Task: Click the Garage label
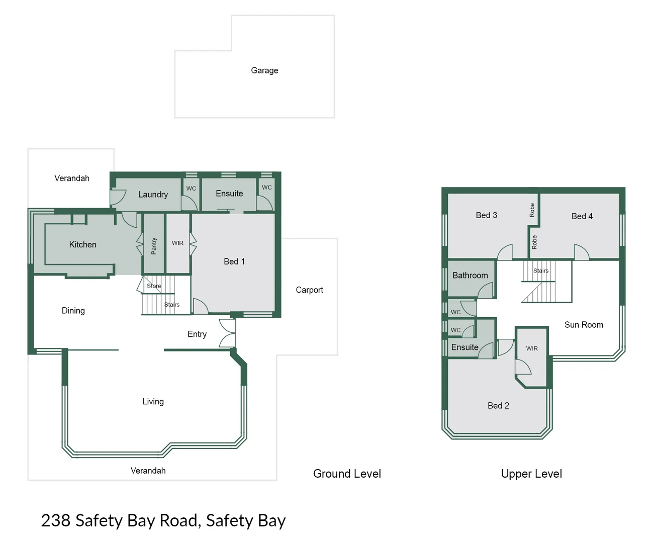coord(264,70)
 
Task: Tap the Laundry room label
coord(153,195)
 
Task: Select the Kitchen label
coord(82,245)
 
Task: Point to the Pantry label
coord(154,246)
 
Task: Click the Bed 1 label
coord(234,261)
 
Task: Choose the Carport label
coord(309,290)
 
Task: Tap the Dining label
coord(73,311)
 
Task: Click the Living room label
coord(153,402)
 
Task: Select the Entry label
coord(197,334)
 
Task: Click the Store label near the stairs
coord(154,286)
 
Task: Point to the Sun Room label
coord(584,325)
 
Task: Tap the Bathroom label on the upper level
coord(470,276)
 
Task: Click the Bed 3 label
coord(486,215)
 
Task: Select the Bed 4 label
coord(582,216)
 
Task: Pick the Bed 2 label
coord(498,406)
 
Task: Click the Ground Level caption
coord(347,474)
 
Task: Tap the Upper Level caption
coord(531,474)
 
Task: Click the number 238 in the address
coord(55,521)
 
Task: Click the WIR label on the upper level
coord(532,348)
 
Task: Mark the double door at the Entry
coord(228,332)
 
